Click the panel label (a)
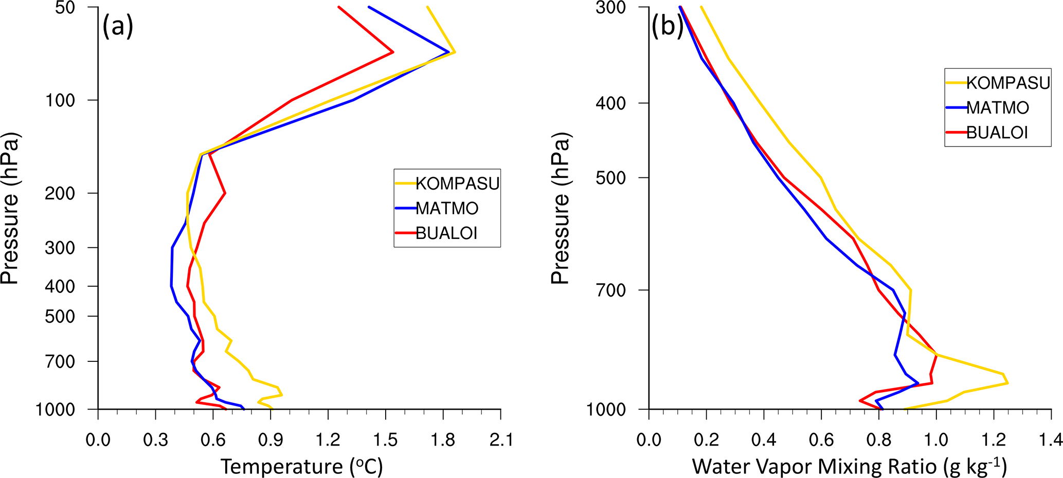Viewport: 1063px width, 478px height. (118, 26)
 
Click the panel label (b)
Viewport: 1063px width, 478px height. (667, 26)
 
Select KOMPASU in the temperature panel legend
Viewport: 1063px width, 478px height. (457, 183)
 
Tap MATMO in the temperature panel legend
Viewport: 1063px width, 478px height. (446, 208)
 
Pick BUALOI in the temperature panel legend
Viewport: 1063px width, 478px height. (446, 233)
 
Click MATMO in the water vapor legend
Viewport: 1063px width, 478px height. (997, 108)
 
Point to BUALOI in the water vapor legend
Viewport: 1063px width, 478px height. (997, 133)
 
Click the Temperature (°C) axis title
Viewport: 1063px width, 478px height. (302, 466)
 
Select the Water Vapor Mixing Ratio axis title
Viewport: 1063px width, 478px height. (849, 466)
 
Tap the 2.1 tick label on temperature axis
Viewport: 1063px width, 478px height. (500, 440)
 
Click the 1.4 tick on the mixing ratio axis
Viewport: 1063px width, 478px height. (1050, 440)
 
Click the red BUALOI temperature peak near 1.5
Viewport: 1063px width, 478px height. (393, 52)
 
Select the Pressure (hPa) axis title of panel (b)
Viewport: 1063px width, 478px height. (560, 208)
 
